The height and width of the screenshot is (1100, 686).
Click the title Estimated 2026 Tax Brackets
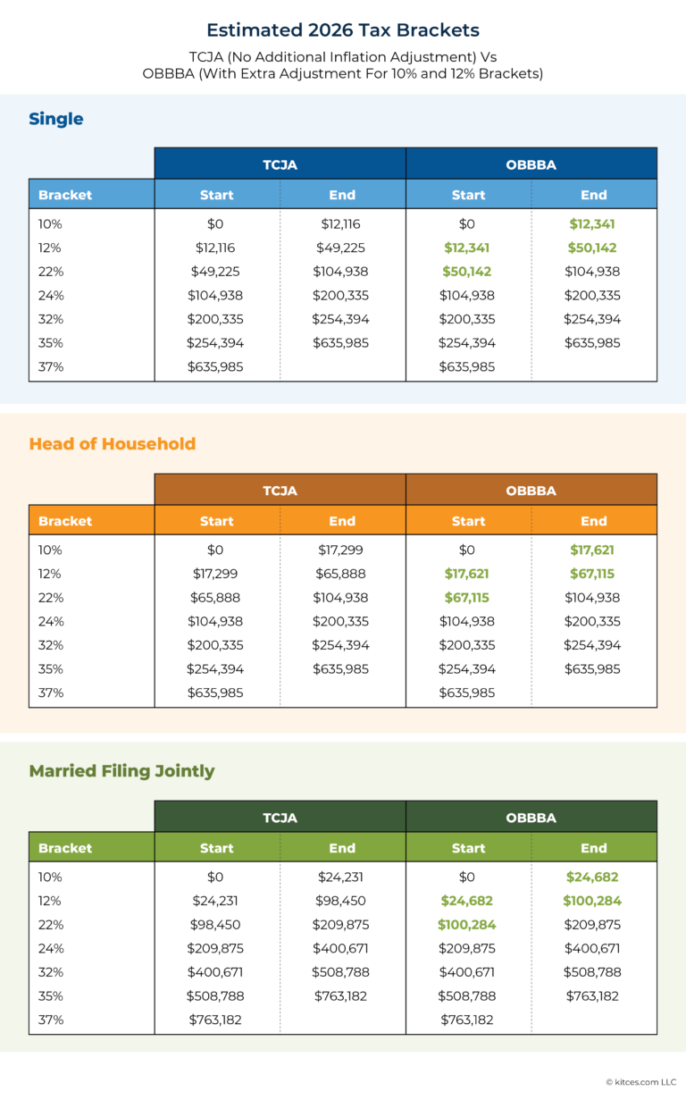[343, 30]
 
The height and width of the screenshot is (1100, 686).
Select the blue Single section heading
[55, 119]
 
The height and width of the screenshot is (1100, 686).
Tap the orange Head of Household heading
[112, 444]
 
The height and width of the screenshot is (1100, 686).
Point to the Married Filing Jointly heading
[121, 770]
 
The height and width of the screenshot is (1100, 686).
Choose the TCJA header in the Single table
[280, 164]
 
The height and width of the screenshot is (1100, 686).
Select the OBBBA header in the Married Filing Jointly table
[531, 818]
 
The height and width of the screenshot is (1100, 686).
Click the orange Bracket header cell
[65, 521]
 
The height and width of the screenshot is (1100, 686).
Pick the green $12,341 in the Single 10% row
[593, 224]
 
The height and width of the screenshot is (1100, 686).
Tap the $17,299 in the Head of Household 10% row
[340, 550]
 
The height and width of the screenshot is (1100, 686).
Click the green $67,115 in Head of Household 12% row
[593, 574]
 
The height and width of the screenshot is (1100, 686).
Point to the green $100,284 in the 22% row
[467, 925]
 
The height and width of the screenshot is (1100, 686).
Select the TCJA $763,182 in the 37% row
[215, 1020]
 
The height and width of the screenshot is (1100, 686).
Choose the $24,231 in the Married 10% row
[340, 877]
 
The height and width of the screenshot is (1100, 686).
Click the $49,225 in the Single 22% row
[215, 272]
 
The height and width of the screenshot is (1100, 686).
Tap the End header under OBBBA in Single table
[593, 195]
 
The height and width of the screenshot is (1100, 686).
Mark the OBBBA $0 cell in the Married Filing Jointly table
[467, 877]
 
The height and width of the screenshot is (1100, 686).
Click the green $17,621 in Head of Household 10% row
[593, 550]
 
